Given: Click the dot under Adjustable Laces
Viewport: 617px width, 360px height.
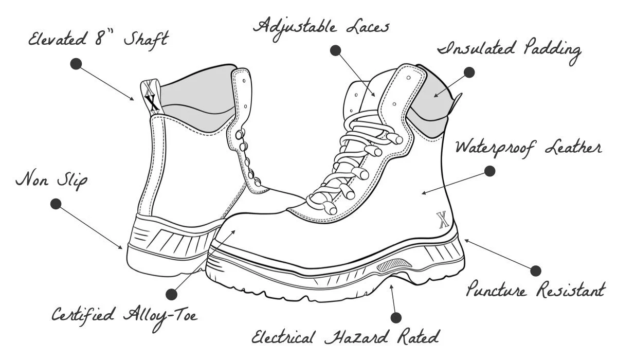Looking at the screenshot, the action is (x=335, y=50).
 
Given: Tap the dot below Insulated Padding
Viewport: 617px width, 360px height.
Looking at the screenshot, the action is (x=468, y=73).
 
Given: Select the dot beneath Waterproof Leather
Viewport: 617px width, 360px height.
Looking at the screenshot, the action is (x=489, y=171).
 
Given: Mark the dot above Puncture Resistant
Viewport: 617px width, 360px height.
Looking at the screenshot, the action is (x=535, y=271).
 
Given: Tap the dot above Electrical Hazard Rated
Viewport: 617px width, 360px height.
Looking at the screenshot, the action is (x=395, y=317).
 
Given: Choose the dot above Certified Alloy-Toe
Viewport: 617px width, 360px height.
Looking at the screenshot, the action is (x=171, y=294).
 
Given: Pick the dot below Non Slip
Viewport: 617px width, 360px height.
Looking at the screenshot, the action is (x=56, y=204).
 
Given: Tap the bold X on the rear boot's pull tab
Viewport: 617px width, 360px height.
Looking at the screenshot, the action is (x=151, y=101).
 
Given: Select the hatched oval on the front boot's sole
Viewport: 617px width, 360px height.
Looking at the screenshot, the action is (x=395, y=266).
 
